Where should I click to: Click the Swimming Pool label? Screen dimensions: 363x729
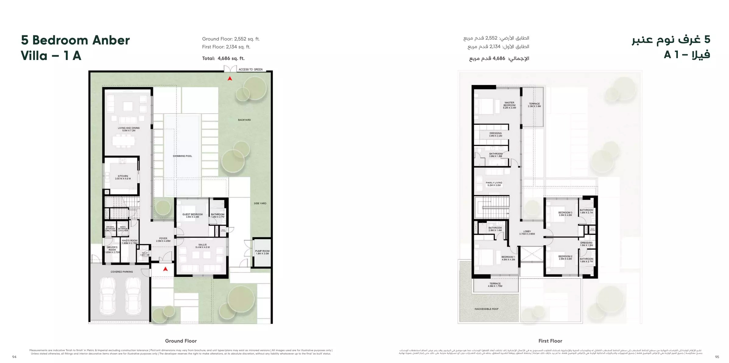182,156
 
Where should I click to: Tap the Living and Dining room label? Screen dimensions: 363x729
129,129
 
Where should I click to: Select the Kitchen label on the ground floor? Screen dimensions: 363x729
123,177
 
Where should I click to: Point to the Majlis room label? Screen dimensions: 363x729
202,246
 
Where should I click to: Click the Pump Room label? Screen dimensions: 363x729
262,252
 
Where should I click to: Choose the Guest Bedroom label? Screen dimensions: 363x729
192,216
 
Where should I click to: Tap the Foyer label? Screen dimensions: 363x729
163,240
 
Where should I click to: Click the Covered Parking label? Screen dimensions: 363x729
122,272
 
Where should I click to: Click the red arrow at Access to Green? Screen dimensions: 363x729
230,79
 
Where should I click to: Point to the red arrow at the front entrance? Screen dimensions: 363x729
165,269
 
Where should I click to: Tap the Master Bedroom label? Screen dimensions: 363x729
509,105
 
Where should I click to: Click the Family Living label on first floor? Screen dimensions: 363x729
494,184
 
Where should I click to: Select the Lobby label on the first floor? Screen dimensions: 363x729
527,233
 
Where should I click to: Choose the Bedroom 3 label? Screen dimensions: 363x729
565,214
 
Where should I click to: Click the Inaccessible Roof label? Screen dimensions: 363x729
487,309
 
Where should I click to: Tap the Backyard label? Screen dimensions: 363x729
245,120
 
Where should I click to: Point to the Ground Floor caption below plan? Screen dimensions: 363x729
181,341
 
